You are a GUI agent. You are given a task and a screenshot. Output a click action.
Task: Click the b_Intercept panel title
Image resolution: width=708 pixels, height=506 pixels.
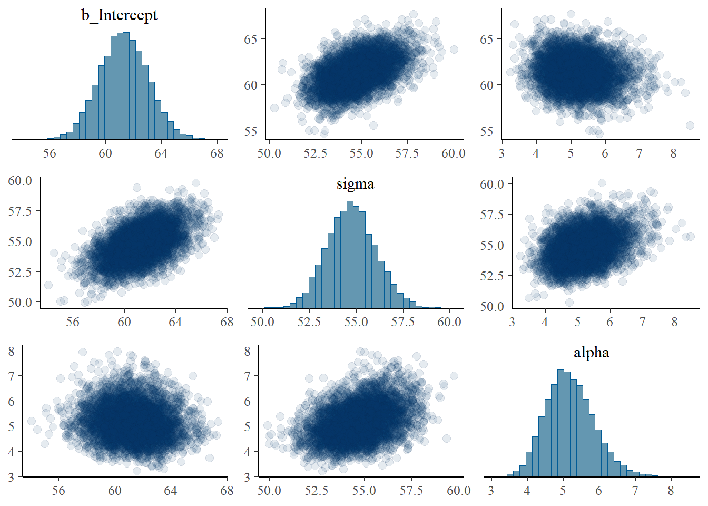[119, 15]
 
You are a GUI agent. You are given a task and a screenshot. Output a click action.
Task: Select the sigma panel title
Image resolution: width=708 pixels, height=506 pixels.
[355, 184]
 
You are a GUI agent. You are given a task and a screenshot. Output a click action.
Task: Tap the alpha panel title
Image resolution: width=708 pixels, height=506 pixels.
[591, 353]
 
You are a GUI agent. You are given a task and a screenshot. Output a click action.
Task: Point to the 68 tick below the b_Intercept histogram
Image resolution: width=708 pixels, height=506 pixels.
[217, 153]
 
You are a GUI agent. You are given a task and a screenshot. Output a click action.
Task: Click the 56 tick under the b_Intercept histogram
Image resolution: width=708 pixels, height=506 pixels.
[50, 153]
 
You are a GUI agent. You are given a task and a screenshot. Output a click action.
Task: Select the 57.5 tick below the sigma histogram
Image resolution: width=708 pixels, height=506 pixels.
[402, 322]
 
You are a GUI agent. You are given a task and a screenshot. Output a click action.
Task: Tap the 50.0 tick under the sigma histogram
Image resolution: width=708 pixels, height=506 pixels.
[262, 322]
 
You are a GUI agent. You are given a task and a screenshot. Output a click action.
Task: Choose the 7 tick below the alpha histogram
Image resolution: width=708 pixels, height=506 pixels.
[635, 491]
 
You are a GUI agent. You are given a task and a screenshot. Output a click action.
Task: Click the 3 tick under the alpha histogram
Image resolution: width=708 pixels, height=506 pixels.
[491, 491]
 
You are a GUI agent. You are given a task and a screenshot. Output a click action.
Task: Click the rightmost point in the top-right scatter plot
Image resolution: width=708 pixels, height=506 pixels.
[690, 125]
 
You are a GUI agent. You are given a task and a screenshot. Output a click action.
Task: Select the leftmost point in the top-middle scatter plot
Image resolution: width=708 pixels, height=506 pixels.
[274, 108]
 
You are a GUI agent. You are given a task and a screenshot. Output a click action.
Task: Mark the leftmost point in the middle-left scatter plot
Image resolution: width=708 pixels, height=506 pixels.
[48, 285]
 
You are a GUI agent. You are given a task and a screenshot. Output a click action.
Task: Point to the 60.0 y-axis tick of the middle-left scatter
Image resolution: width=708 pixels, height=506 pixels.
[20, 180]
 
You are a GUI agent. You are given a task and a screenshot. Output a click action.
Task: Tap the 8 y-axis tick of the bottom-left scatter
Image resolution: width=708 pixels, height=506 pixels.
[11, 350]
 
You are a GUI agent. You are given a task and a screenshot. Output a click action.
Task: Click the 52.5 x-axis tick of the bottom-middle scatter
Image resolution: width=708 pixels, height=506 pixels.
[316, 491]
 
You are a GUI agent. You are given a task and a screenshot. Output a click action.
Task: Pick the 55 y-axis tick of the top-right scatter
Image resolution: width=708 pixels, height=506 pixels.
[487, 131]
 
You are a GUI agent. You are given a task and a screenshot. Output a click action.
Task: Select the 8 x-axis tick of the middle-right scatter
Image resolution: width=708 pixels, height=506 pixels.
[674, 322]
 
